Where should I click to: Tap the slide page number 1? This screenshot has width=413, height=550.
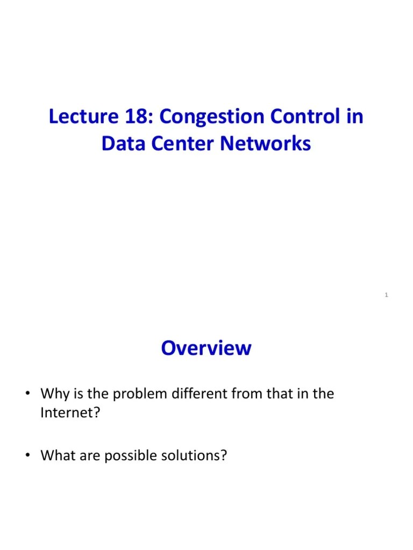pyautogui.click(x=387, y=295)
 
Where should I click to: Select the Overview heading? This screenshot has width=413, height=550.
pyautogui.click(x=206, y=348)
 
